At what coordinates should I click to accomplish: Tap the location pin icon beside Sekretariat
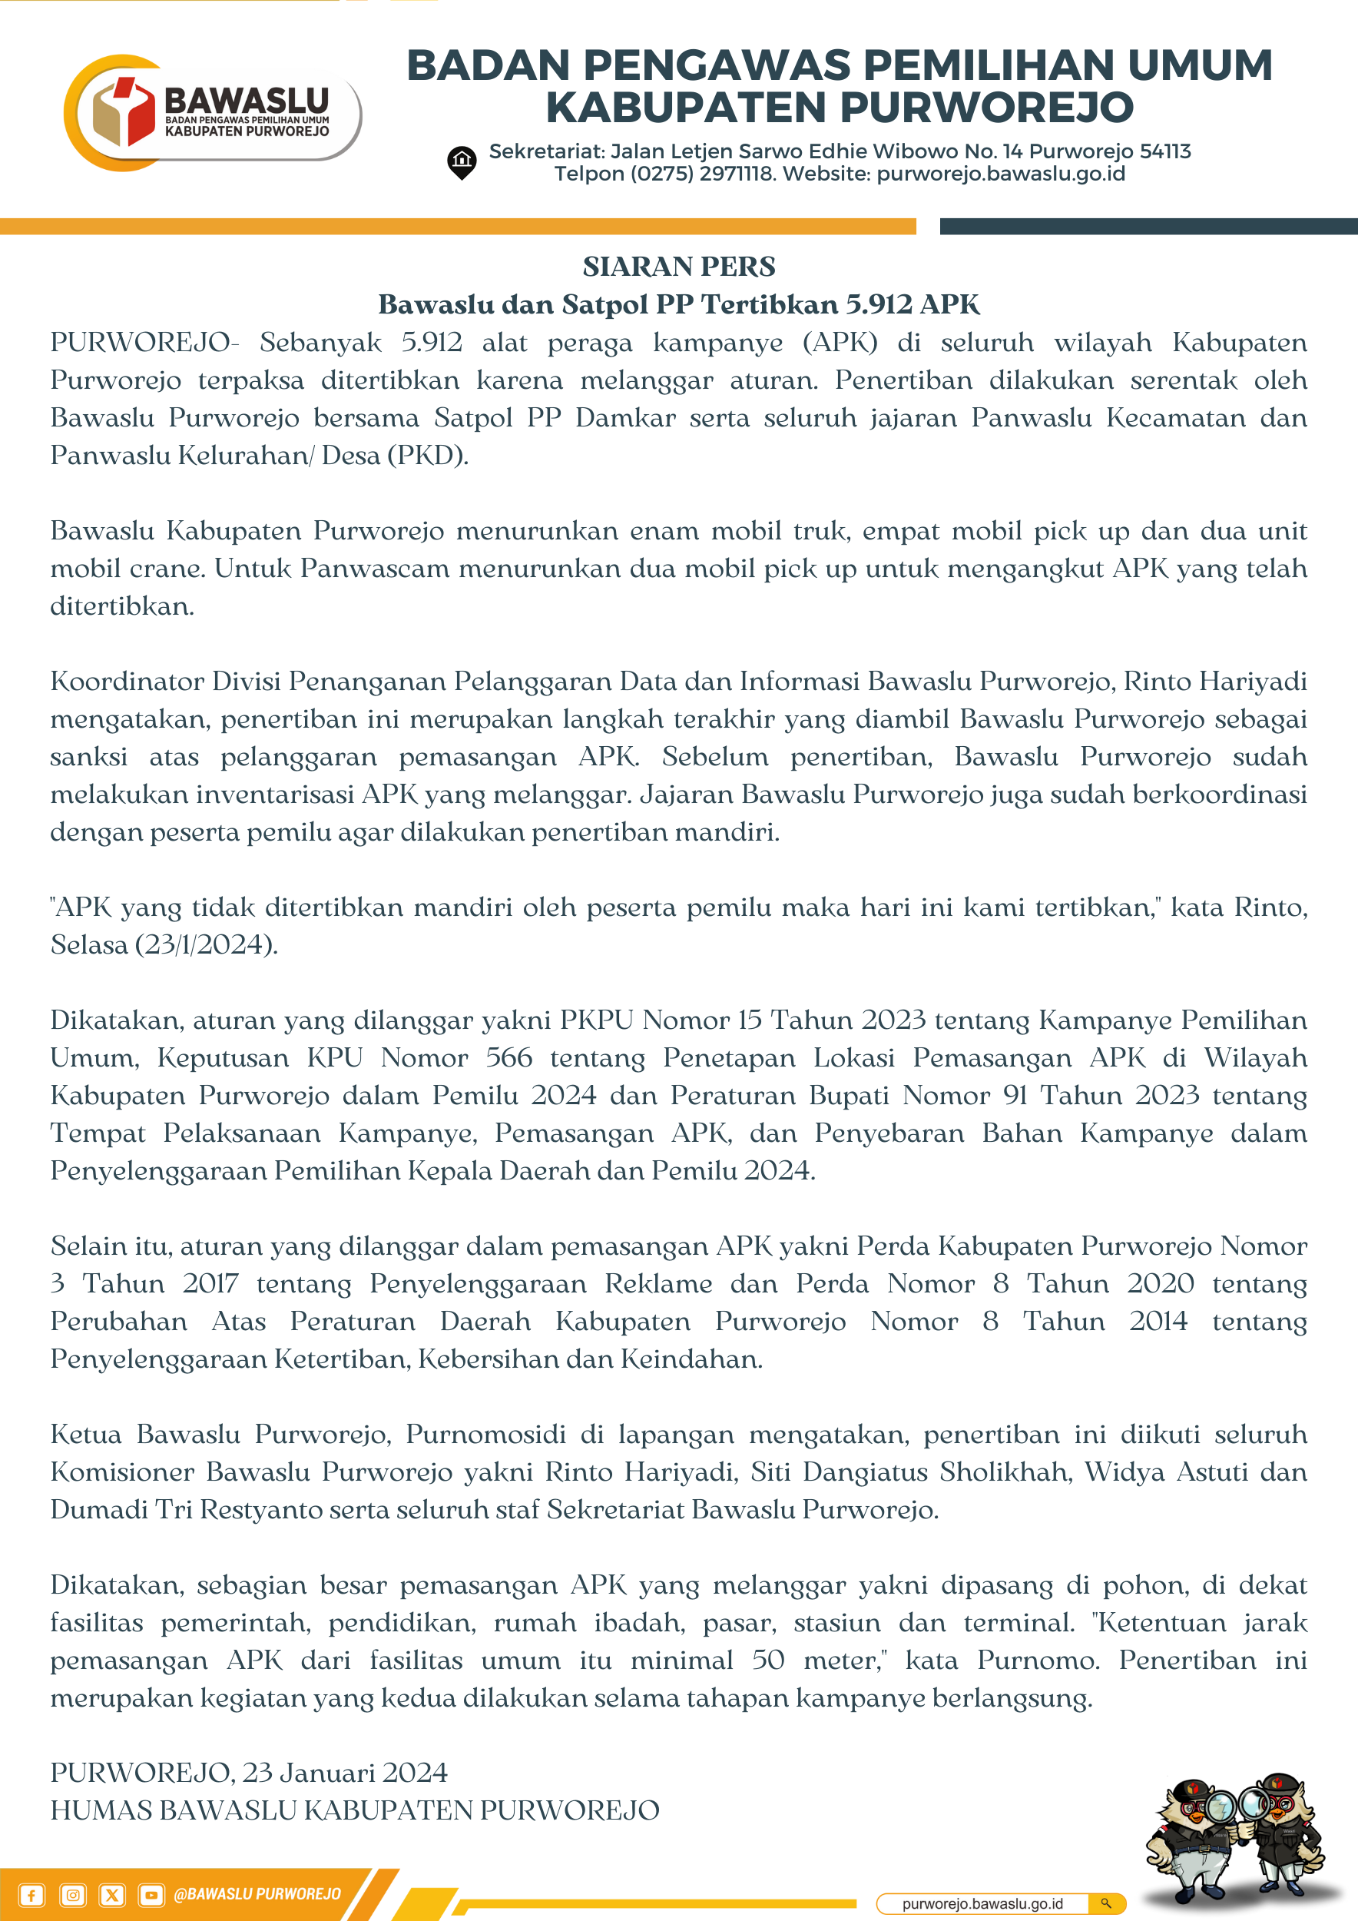pos(462,162)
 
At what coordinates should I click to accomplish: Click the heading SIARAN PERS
pos(679,267)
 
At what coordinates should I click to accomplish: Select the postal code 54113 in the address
pos(1165,151)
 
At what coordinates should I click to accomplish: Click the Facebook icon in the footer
pos(31,1895)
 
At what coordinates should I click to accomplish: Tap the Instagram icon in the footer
pos(73,1895)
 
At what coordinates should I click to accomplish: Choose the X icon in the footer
pos(112,1895)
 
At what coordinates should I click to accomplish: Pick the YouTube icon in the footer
pos(151,1895)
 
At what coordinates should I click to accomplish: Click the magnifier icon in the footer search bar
pos(1106,1903)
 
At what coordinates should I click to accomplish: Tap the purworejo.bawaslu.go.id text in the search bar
pos(982,1903)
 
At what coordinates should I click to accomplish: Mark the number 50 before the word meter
pos(767,1660)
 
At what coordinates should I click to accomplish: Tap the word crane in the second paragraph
pos(168,569)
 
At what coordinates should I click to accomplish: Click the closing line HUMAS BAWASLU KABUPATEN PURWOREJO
pos(355,1810)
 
